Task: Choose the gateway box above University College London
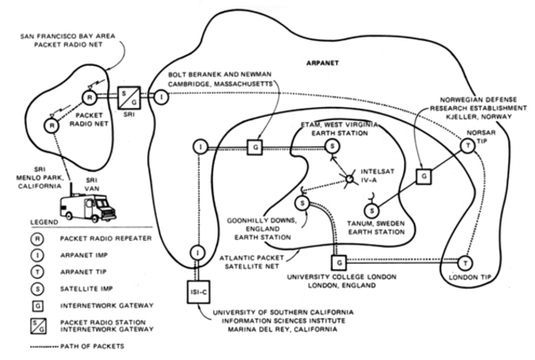click(335, 262)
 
